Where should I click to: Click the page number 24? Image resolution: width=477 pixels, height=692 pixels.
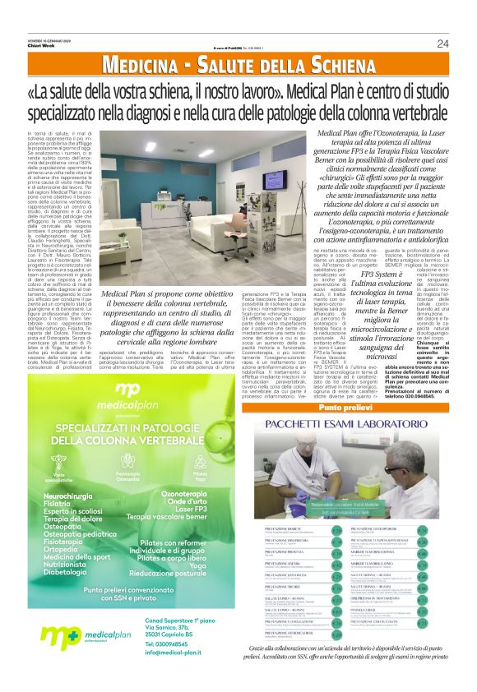click(x=442, y=44)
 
